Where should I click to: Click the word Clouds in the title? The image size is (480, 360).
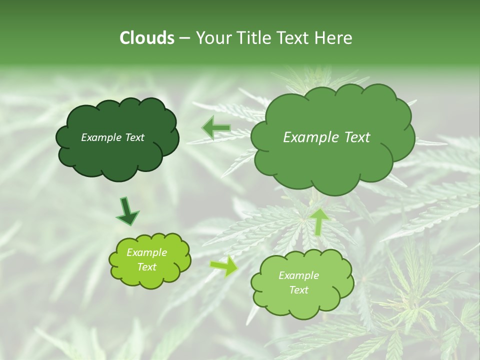tap(146, 38)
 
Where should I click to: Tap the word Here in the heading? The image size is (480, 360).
tap(334, 38)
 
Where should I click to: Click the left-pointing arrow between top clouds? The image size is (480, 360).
tap(216, 128)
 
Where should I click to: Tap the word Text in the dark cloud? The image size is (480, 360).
tap(134, 137)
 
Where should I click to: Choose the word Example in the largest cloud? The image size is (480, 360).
tap(312, 137)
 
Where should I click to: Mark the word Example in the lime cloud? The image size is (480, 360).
tap(146, 252)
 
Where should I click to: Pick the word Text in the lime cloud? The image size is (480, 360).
tap(146, 267)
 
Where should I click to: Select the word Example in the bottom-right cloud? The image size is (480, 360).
tap(298, 275)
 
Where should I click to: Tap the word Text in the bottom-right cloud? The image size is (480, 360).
tap(298, 290)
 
